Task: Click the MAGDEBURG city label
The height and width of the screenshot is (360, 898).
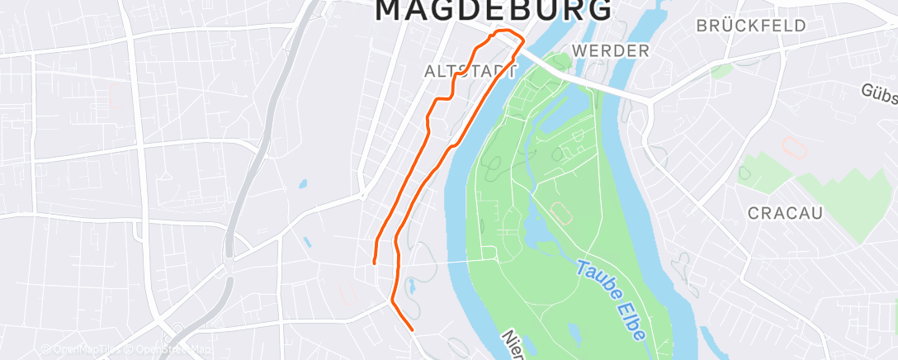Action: pos(494,10)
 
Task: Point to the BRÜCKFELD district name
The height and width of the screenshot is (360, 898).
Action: pos(750,26)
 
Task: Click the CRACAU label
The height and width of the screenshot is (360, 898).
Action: pos(785,213)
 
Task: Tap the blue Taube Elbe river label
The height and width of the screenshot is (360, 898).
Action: pos(611,300)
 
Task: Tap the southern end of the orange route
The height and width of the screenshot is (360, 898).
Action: pos(411,329)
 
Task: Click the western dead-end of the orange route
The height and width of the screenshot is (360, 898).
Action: pos(374,263)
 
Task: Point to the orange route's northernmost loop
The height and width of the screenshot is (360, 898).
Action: pos(507,38)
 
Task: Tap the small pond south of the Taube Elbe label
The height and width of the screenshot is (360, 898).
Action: pos(574,334)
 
